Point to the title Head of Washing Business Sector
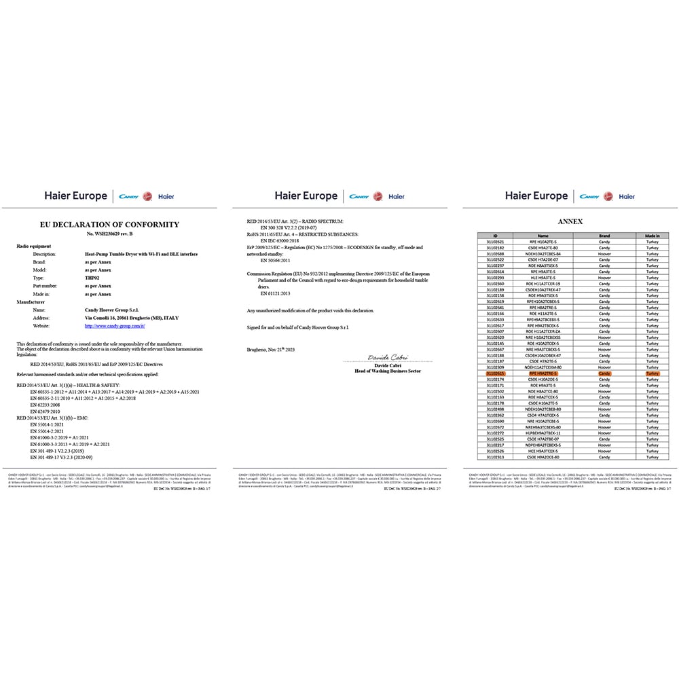tap(387, 371)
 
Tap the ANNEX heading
tap(570, 221)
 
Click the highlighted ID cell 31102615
tap(496, 373)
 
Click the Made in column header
tap(653, 236)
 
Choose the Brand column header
tap(604, 236)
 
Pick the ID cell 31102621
tap(496, 242)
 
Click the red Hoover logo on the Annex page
tap(608, 196)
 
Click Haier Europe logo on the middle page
tap(306, 196)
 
